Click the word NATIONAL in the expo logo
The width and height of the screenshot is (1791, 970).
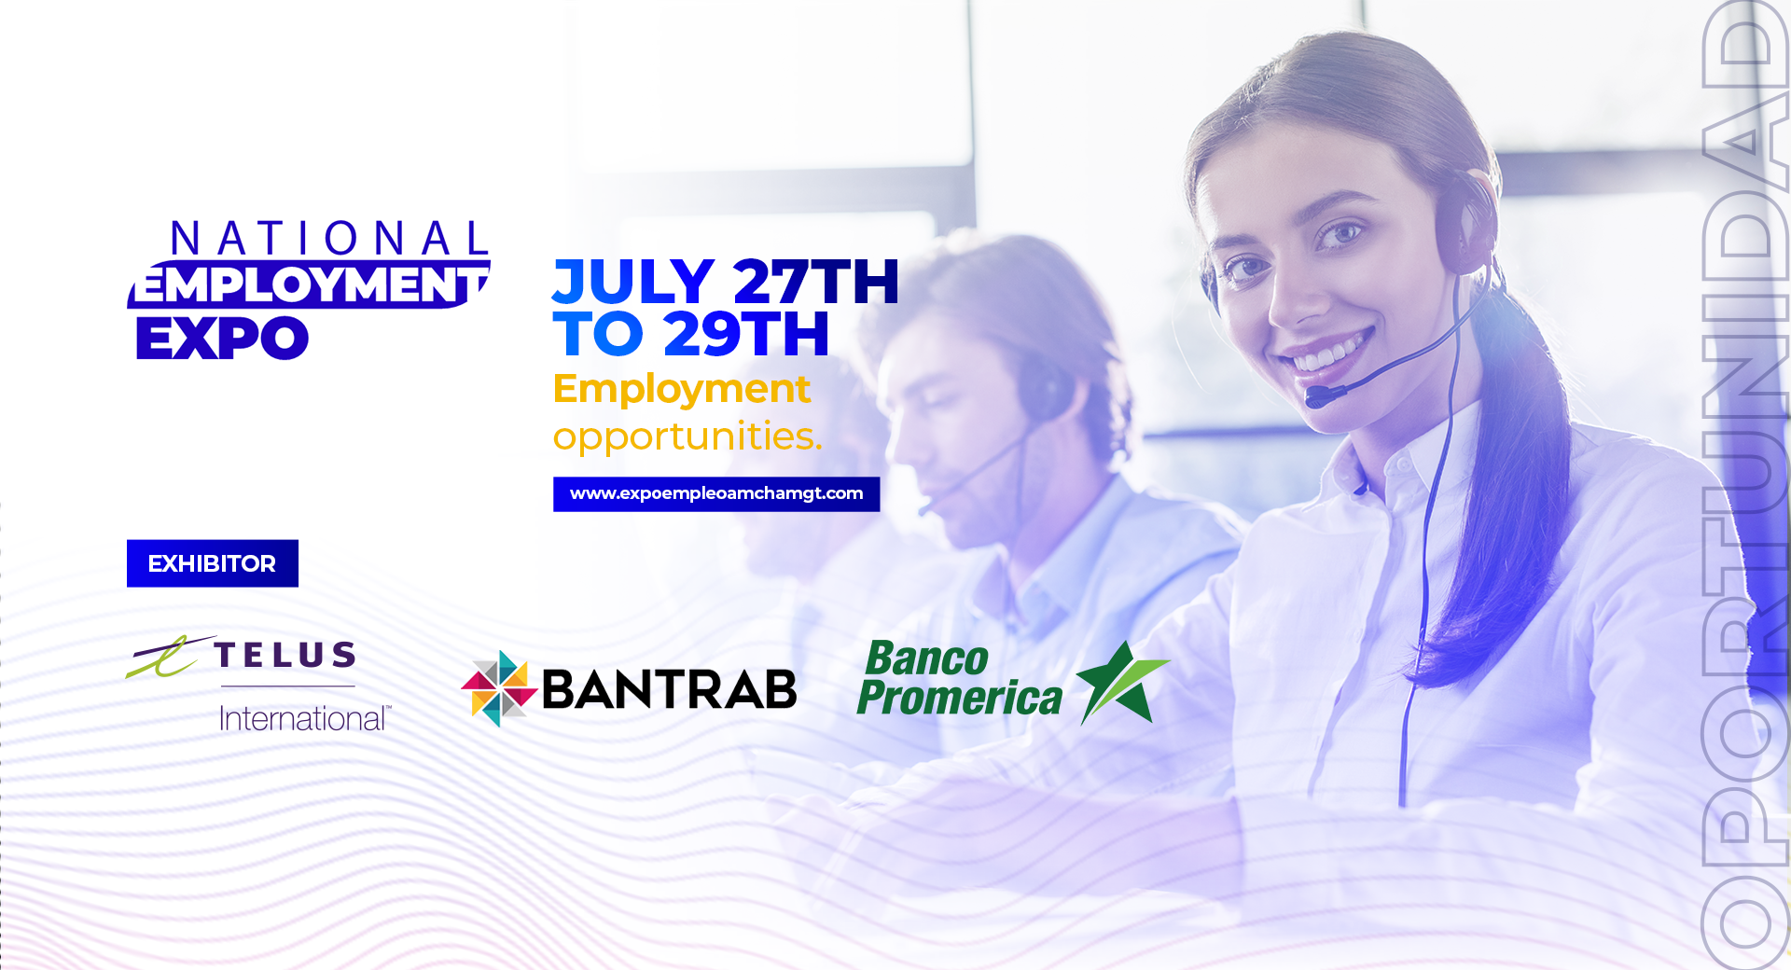point(329,239)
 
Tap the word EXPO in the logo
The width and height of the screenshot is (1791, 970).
point(222,339)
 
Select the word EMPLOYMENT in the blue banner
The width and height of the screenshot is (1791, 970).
point(309,284)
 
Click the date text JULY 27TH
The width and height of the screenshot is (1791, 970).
point(726,282)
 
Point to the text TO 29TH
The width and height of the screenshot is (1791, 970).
point(691,334)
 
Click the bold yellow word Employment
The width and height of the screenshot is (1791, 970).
point(681,390)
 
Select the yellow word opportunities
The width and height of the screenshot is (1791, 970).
point(687,436)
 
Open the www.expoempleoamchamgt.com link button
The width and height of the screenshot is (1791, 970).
point(716,494)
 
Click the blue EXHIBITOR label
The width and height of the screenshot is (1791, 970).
point(213,563)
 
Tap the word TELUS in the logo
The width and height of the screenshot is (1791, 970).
point(285,655)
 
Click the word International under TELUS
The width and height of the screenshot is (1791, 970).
point(304,718)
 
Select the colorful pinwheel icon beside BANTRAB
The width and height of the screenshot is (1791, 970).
point(499,688)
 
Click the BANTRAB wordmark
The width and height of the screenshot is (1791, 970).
point(669,689)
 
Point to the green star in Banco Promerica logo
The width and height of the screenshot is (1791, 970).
point(1122,683)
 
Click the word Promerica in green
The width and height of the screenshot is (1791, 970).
point(960,698)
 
